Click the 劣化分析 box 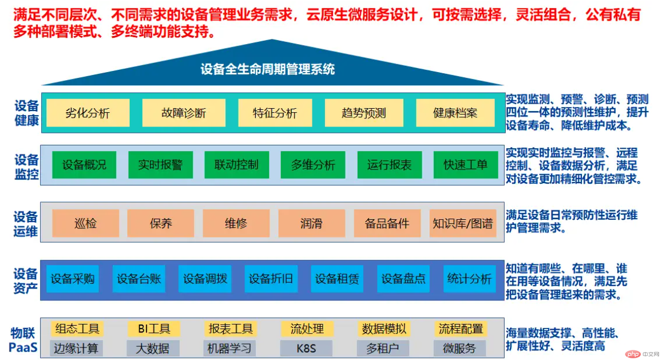[x=88, y=113]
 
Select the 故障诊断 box [x=184, y=113]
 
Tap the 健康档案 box [x=455, y=113]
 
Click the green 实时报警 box [x=160, y=165]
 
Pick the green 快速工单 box [x=466, y=165]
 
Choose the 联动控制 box [x=236, y=165]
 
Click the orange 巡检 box [x=85, y=223]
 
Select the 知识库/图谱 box [x=463, y=223]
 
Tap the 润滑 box [x=312, y=223]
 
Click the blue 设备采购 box [x=73, y=279]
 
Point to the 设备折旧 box [x=271, y=279]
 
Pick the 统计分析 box [x=470, y=279]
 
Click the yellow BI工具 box [x=154, y=329]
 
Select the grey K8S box [x=306, y=348]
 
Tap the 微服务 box [x=459, y=348]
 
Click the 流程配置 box [x=461, y=329]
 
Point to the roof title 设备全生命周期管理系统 [x=268, y=69]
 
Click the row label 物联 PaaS [x=23, y=340]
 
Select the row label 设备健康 [x=26, y=113]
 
